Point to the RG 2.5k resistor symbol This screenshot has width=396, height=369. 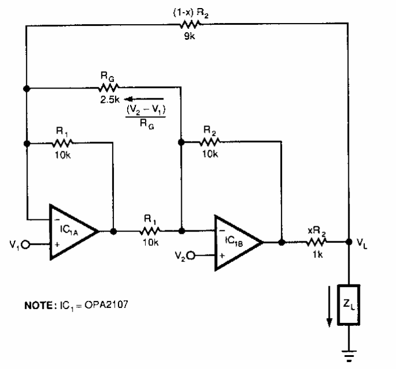tap(108, 88)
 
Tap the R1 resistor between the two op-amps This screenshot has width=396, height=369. tap(151, 231)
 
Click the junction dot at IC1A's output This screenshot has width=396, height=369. tap(114, 231)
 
